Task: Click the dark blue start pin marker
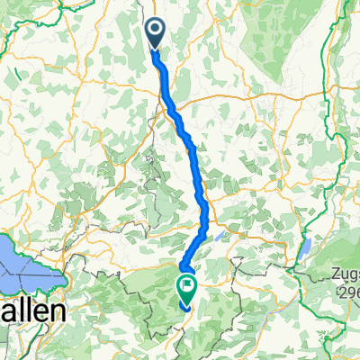(155, 33)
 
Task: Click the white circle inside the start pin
(155, 30)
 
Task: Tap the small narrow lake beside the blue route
(220, 238)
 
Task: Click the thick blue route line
(191, 144)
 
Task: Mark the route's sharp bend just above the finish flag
(184, 265)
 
